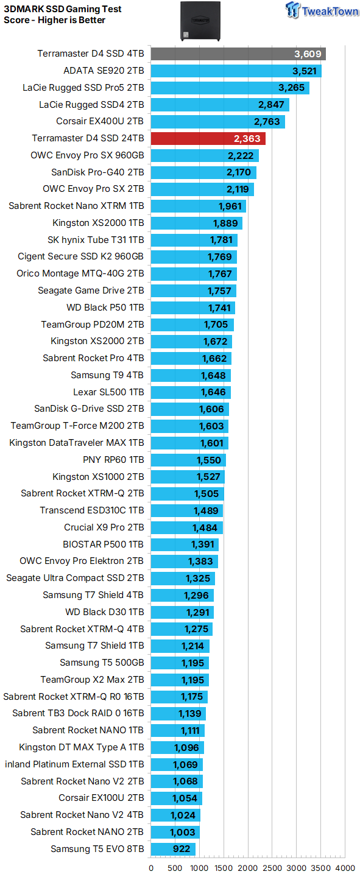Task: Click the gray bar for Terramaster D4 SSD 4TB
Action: [x=238, y=54]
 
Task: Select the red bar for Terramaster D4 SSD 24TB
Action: [x=208, y=139]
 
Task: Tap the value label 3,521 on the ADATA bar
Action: [x=304, y=71]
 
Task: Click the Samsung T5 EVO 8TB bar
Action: [x=173, y=849]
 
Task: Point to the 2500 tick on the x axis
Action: [x=272, y=868]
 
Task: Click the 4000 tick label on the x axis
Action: [x=345, y=868]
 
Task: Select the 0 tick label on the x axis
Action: [x=151, y=868]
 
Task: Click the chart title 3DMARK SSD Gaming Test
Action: [x=63, y=9]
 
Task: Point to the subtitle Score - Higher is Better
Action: [x=55, y=20]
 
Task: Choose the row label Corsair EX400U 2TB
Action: [x=100, y=122]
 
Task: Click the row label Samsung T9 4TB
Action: [x=107, y=375]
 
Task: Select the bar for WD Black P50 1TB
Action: [x=192, y=308]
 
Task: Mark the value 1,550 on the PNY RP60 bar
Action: [x=209, y=460]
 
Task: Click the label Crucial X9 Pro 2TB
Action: [x=104, y=527]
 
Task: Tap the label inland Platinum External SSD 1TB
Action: [x=74, y=764]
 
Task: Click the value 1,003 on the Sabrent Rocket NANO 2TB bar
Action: [x=183, y=832]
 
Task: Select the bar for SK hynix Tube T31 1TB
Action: [x=194, y=240]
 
